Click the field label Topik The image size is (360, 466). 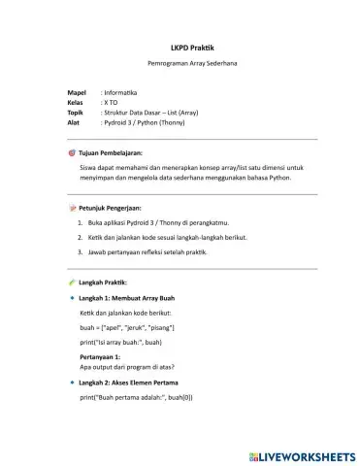(76, 113)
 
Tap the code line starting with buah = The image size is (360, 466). (127, 330)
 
